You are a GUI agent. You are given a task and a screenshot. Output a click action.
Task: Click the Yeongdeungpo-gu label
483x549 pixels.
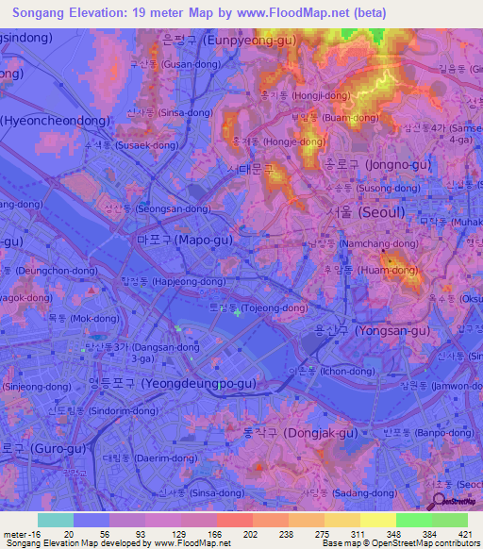click(x=172, y=383)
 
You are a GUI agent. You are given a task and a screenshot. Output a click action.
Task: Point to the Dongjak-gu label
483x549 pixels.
click(x=300, y=433)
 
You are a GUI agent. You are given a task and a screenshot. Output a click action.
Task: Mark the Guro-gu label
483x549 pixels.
click(x=32, y=448)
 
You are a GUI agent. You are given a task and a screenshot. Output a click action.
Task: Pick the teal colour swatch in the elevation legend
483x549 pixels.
click(x=56, y=520)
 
